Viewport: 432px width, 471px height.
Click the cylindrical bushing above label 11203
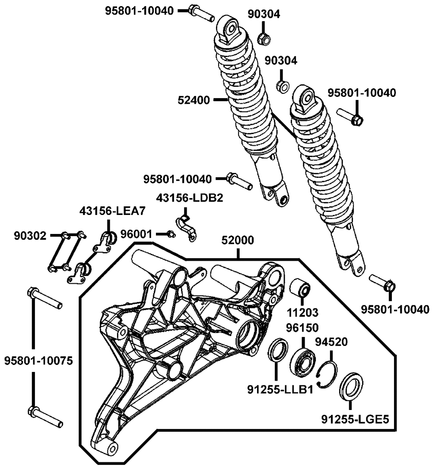[301, 289]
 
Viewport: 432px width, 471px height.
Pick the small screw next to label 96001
[171, 234]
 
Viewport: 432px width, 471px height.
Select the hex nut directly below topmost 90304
[264, 39]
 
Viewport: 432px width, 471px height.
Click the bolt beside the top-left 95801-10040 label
[200, 12]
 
